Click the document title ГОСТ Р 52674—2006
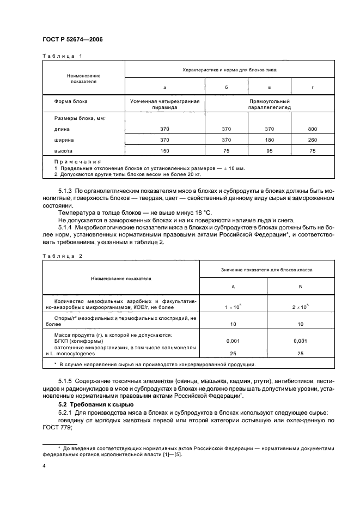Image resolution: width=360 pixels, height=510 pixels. pyautogui.click(x=72, y=40)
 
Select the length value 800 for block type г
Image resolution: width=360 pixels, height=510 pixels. pyautogui.click(x=313, y=129)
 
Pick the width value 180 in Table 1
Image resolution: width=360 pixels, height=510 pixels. pyautogui.click(x=270, y=140)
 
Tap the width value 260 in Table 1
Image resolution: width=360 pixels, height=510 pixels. pyautogui.click(x=313, y=140)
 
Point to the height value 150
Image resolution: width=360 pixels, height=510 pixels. pyautogui.click(x=165, y=150)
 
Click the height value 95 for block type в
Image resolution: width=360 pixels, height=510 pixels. pyautogui.click(x=270, y=150)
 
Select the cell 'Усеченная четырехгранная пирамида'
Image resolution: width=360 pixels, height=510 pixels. pyautogui.click(x=165, y=105)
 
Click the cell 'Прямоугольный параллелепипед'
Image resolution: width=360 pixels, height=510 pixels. pyautogui.click(x=270, y=105)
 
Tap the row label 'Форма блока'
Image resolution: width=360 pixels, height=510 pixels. pyautogui.click(x=71, y=101)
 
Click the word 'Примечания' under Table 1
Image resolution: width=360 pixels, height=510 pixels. pyautogui.click(x=77, y=162)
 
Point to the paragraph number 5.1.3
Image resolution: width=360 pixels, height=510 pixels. pyautogui.click(x=65, y=191)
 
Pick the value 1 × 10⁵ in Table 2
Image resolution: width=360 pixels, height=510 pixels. pyautogui.click(x=234, y=307)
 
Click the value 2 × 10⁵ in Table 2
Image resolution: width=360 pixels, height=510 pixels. pyautogui.click(x=301, y=307)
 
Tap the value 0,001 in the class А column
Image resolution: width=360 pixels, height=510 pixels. pyautogui.click(x=234, y=341)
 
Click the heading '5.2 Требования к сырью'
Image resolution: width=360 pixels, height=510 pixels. pyautogui.click(x=93, y=405)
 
